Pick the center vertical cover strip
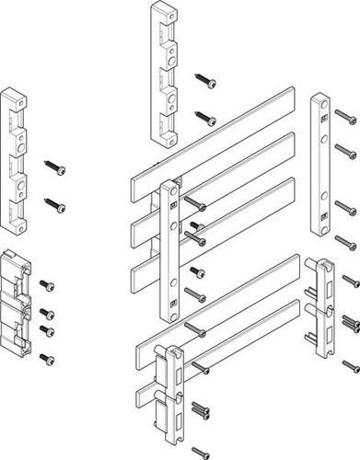[169, 248]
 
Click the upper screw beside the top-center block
[207, 84]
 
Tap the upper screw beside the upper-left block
[58, 167]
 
